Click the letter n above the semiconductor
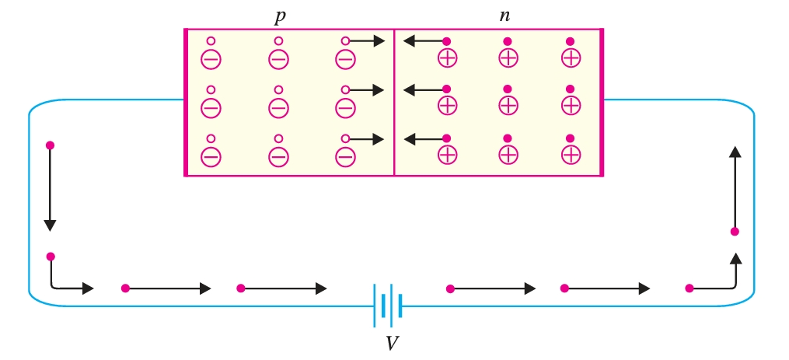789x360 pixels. point(504,15)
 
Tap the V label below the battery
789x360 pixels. point(393,342)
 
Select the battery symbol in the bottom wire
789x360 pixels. point(387,304)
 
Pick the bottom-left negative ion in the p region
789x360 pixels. point(211,156)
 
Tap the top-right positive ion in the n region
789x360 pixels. point(571,58)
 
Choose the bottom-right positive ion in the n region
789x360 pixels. point(571,155)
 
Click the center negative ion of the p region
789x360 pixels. point(278,107)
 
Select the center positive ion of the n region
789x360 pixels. point(508,106)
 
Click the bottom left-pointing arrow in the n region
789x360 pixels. point(424,139)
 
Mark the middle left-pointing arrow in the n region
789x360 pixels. point(424,90)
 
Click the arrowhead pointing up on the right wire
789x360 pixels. point(735,152)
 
